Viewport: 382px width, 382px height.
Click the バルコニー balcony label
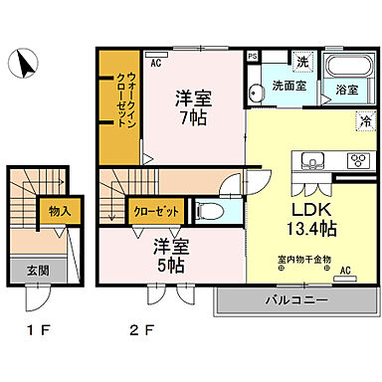[296, 299]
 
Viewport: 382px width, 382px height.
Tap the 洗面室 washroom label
[289, 86]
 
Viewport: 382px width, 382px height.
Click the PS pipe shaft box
[252, 56]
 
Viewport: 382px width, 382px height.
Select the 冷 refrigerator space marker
[364, 121]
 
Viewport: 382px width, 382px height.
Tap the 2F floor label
[143, 328]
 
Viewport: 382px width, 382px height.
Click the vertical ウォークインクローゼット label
[117, 95]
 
